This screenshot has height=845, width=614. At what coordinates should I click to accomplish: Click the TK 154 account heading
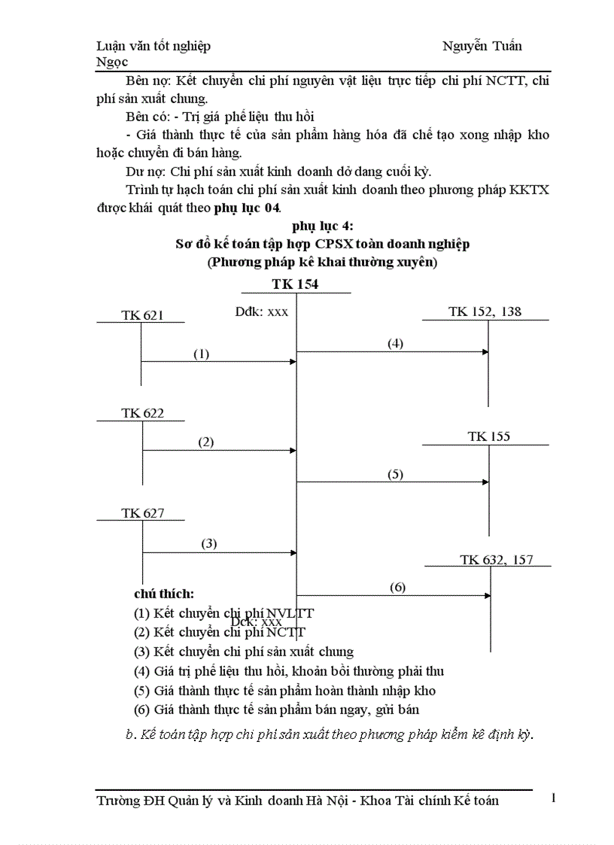click(x=295, y=284)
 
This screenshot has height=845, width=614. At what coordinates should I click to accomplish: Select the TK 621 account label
click(x=142, y=315)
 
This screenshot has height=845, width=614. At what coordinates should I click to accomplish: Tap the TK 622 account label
click(x=142, y=413)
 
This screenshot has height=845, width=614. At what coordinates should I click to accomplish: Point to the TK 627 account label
click(x=142, y=514)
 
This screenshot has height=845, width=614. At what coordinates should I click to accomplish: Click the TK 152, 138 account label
click(x=485, y=312)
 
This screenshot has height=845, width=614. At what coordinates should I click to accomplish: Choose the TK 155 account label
click(x=489, y=436)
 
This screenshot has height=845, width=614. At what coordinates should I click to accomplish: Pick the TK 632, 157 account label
click(x=496, y=559)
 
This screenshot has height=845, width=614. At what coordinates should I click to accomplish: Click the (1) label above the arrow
click(x=201, y=354)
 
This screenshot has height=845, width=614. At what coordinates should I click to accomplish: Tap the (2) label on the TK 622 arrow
click(x=206, y=442)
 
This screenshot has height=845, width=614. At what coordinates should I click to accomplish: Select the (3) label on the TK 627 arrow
click(x=208, y=543)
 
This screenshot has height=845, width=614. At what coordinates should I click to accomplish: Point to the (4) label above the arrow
click(x=396, y=343)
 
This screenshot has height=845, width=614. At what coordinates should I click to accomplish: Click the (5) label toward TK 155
click(x=395, y=474)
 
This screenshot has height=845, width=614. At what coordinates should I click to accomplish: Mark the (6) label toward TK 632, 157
click(x=397, y=587)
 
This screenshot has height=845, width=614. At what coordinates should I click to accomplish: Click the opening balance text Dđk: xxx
click(x=262, y=312)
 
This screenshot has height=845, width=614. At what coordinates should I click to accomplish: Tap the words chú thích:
click(x=164, y=594)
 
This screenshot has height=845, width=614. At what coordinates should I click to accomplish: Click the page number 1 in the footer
click(x=553, y=798)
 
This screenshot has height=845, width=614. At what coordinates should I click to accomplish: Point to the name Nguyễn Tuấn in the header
click(x=482, y=46)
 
